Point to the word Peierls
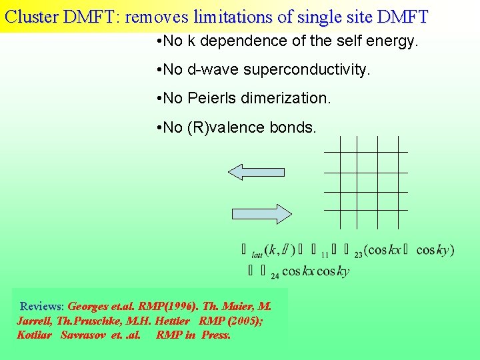tap(211, 98)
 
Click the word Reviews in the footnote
tap(41, 307)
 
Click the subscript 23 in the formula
tap(359, 255)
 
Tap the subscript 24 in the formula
tap(275, 276)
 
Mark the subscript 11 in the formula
tap(325, 255)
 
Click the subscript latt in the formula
tap(257, 255)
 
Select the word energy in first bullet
tap(393, 41)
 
